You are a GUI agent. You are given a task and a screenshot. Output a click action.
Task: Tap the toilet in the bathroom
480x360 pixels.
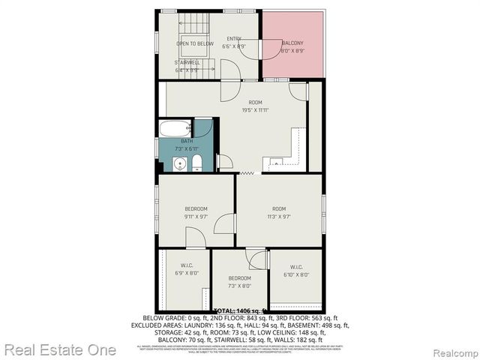tap(196, 163)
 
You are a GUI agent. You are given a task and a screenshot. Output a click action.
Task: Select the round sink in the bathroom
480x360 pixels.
tap(179, 164)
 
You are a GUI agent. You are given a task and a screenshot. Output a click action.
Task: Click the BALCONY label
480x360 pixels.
tap(292, 44)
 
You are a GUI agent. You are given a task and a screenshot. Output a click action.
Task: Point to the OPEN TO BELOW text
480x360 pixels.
tap(193, 44)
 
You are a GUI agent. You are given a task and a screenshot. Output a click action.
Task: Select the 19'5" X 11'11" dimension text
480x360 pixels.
tap(255, 110)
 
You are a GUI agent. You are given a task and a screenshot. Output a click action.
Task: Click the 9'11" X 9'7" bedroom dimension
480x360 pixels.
tap(196, 216)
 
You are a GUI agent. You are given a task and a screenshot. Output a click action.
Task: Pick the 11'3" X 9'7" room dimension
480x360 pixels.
tap(279, 216)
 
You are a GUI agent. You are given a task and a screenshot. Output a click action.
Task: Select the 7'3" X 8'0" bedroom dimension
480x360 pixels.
tap(239, 285)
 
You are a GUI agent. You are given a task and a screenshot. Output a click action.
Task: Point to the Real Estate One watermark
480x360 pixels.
tap(59, 349)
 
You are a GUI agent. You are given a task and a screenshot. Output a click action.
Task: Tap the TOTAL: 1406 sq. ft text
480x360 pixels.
tap(241, 310)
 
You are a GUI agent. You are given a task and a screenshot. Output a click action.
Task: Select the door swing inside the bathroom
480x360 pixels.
tap(202, 128)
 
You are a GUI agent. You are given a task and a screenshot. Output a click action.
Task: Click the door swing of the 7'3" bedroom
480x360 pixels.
tap(258, 259)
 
